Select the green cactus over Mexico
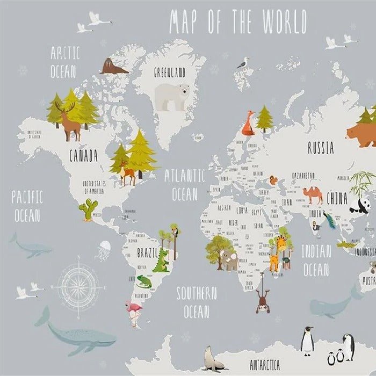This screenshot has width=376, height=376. (88, 209)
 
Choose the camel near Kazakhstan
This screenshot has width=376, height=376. (312, 194)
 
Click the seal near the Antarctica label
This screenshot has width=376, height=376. (213, 359)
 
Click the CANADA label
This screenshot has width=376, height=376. (83, 156)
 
